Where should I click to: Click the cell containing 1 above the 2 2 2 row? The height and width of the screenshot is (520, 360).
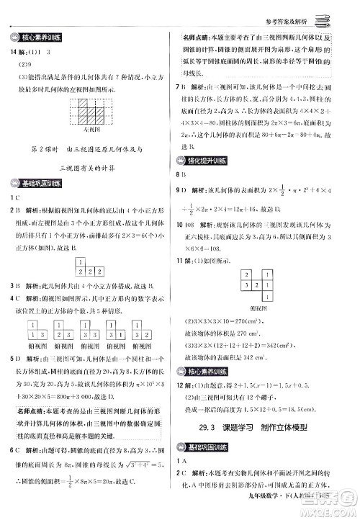(84, 264)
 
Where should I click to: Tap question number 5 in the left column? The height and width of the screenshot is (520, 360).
(12, 359)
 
